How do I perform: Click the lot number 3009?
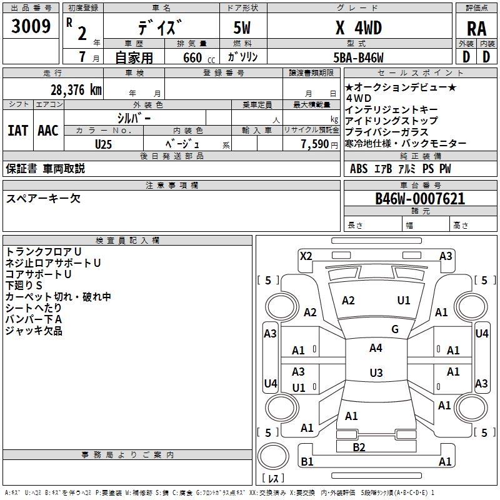click(31, 26)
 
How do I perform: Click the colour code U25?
click(104, 144)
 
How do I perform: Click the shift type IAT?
click(17, 130)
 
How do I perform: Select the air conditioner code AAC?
click(47, 130)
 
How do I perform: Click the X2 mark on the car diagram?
click(306, 255)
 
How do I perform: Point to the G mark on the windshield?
click(395, 329)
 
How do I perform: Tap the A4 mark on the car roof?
click(376, 348)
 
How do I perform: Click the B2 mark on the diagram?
click(359, 447)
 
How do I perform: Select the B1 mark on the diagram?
click(307, 462)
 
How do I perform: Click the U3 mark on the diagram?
click(376, 372)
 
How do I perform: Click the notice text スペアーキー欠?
click(43, 199)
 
